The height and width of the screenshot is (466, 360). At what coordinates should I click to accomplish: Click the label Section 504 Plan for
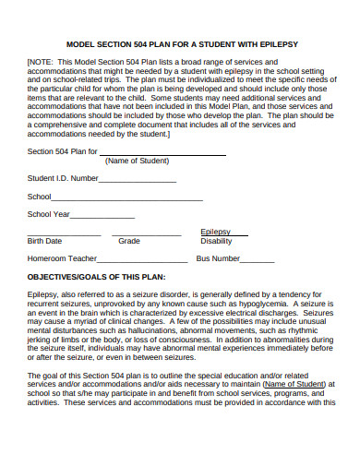coord(62,151)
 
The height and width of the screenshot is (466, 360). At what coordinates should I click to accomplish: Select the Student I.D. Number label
coord(63,178)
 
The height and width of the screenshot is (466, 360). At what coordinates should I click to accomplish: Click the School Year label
coord(49,214)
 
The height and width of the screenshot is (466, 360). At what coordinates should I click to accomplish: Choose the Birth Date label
coord(45,240)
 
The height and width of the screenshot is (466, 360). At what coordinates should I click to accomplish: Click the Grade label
coord(129,240)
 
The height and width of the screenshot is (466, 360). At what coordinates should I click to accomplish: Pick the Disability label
coord(216,240)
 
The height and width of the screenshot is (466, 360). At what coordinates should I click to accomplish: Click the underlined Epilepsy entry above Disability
coord(215,231)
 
